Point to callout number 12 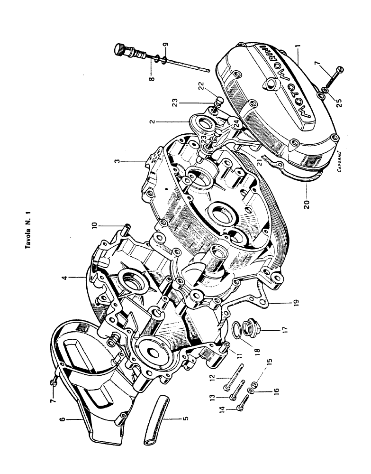click(212, 378)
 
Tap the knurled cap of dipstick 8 click(122, 49)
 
